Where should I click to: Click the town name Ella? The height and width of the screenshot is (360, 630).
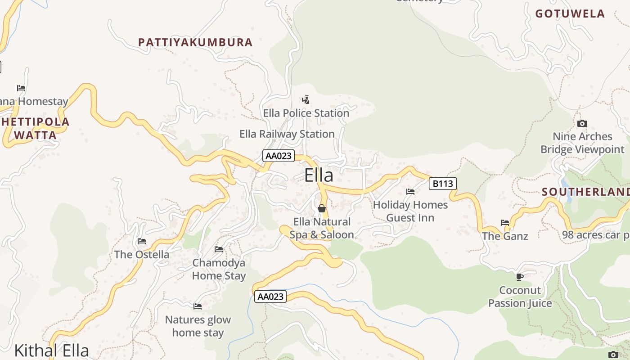pos(319,175)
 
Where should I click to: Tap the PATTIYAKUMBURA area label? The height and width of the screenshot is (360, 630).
pos(195,42)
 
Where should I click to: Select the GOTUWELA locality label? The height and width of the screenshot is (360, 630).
pos(570,13)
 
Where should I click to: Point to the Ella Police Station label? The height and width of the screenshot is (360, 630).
pos(306,113)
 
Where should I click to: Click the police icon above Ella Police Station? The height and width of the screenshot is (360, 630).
pos(306,99)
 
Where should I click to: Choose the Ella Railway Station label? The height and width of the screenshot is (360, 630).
pos(287,134)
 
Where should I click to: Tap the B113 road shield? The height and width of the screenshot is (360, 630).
pos(443,184)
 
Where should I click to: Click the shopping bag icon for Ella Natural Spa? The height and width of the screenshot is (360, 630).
pos(322,208)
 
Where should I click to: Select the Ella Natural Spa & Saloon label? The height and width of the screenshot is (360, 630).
pos(321,228)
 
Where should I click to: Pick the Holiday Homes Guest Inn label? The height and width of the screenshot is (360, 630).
pos(410,211)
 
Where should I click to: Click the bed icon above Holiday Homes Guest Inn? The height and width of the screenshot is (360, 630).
pos(410,192)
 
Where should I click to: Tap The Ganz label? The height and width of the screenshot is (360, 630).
pos(505,236)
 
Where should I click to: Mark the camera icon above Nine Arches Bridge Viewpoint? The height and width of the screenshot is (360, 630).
pos(582,123)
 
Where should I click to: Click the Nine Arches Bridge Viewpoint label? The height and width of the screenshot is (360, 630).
pos(582,143)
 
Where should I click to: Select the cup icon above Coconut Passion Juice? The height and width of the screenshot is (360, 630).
pos(520,277)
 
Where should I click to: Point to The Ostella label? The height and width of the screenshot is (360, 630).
pos(142,254)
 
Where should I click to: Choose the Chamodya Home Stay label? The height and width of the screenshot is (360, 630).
pos(219,269)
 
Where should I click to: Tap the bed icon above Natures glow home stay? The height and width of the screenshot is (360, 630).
pos(198,306)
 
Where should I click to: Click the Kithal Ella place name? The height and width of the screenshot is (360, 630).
pos(51,351)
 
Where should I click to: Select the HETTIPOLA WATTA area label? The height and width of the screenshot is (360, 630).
pos(36,128)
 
